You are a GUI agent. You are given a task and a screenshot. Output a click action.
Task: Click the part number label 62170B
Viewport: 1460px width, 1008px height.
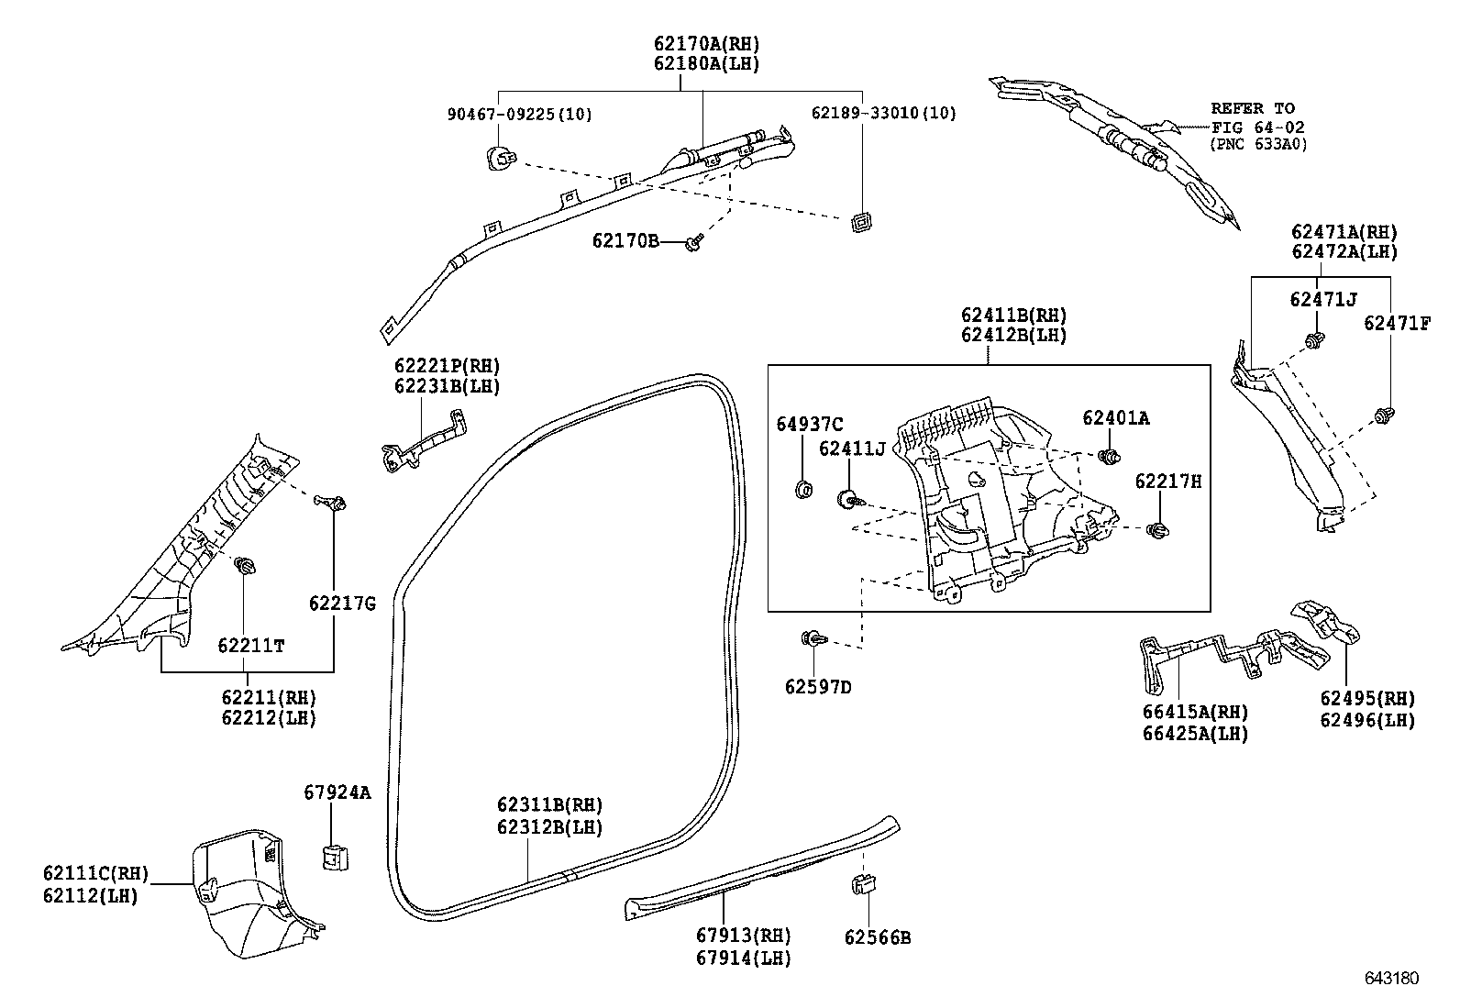tap(625, 241)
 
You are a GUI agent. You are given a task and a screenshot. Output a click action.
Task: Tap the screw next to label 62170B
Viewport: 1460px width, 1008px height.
tap(695, 242)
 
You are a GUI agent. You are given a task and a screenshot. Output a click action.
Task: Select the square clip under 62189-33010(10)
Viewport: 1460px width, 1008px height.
tap(860, 222)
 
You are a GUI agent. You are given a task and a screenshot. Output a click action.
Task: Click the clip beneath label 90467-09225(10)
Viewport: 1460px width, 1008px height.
tap(500, 159)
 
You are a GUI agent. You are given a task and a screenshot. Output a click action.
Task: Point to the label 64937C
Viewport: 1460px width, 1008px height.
tap(809, 424)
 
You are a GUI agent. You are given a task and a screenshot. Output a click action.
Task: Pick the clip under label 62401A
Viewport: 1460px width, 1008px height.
tap(1111, 455)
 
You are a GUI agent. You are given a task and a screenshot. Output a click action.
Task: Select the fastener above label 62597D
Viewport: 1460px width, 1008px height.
tap(813, 638)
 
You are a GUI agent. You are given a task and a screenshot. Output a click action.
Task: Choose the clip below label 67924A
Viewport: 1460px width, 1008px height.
tap(334, 857)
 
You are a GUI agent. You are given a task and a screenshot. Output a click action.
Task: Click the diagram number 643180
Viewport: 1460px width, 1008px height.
tap(1390, 979)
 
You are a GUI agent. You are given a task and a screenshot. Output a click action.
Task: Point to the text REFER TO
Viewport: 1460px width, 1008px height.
tap(1253, 108)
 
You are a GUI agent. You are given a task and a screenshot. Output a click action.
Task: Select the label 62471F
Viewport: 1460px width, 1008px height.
tap(1396, 323)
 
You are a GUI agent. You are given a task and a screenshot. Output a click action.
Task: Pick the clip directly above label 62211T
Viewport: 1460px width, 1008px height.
tap(245, 566)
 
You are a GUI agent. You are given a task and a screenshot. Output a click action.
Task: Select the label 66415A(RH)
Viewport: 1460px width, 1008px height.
tap(1194, 713)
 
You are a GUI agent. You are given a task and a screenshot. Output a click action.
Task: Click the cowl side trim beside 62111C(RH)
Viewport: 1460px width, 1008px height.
tap(248, 894)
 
